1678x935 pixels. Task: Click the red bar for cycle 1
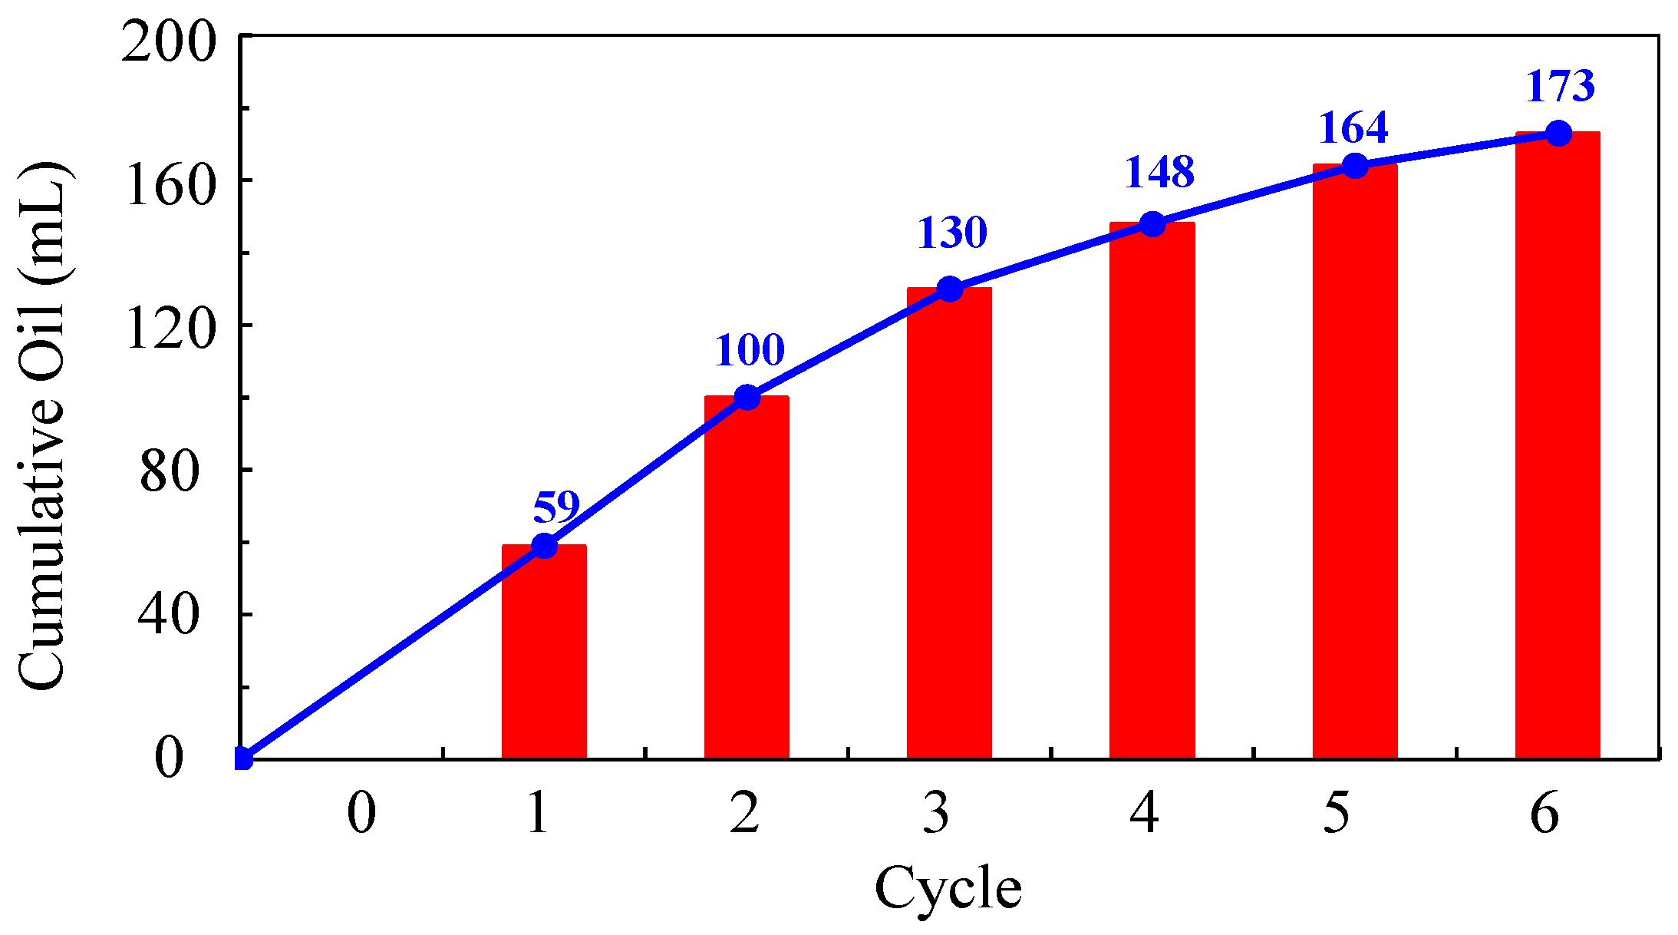point(544,653)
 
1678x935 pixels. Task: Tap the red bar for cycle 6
point(1558,445)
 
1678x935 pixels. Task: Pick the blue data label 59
point(556,507)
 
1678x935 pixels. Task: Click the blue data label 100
point(750,351)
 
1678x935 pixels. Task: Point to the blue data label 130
point(952,233)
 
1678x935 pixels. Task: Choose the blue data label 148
point(1159,172)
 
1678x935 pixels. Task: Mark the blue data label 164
point(1353,127)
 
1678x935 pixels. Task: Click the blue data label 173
point(1560,86)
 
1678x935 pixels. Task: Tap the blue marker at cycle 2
point(747,398)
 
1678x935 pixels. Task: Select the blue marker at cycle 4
point(1152,224)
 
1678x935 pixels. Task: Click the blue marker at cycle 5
point(1356,165)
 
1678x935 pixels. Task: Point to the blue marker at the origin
point(242,758)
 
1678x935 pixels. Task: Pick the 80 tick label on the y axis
point(169,471)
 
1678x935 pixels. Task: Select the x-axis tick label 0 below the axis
point(361,814)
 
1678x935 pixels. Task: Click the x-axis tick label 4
point(1144,814)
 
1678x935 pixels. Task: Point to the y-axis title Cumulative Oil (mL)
point(42,426)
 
